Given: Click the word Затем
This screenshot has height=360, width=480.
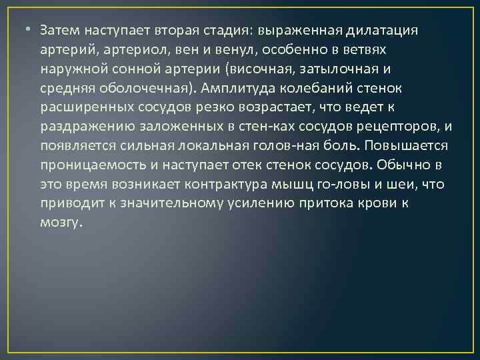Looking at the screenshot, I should pos(59,31).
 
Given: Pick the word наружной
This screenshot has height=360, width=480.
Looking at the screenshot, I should pos(69,69).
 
